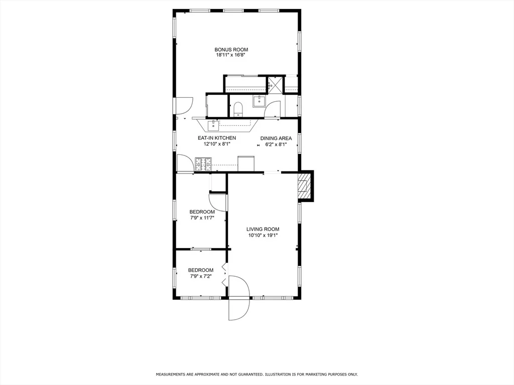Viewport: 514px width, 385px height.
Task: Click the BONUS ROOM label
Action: [x=231, y=50]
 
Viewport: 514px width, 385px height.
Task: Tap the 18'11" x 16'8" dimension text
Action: [x=231, y=55]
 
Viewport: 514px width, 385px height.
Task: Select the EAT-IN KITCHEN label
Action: [x=217, y=138]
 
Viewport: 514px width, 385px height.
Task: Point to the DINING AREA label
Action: [x=276, y=138]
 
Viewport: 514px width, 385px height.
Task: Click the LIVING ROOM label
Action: [x=263, y=230]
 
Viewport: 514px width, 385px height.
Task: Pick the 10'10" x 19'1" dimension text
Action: [x=263, y=235]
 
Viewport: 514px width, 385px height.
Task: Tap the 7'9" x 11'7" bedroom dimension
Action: [x=202, y=218]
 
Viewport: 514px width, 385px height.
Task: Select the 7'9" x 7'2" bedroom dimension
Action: [x=201, y=276]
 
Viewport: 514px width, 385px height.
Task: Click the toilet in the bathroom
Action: [x=237, y=109]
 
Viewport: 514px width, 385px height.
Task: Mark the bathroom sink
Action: [x=260, y=101]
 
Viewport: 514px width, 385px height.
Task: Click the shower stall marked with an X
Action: [x=275, y=84]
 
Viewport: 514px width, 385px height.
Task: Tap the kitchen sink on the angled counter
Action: [x=213, y=125]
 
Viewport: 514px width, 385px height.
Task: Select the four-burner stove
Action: [x=204, y=164]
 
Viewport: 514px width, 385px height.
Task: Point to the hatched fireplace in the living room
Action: [x=304, y=186]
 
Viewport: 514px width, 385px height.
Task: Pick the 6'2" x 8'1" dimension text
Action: [x=276, y=144]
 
